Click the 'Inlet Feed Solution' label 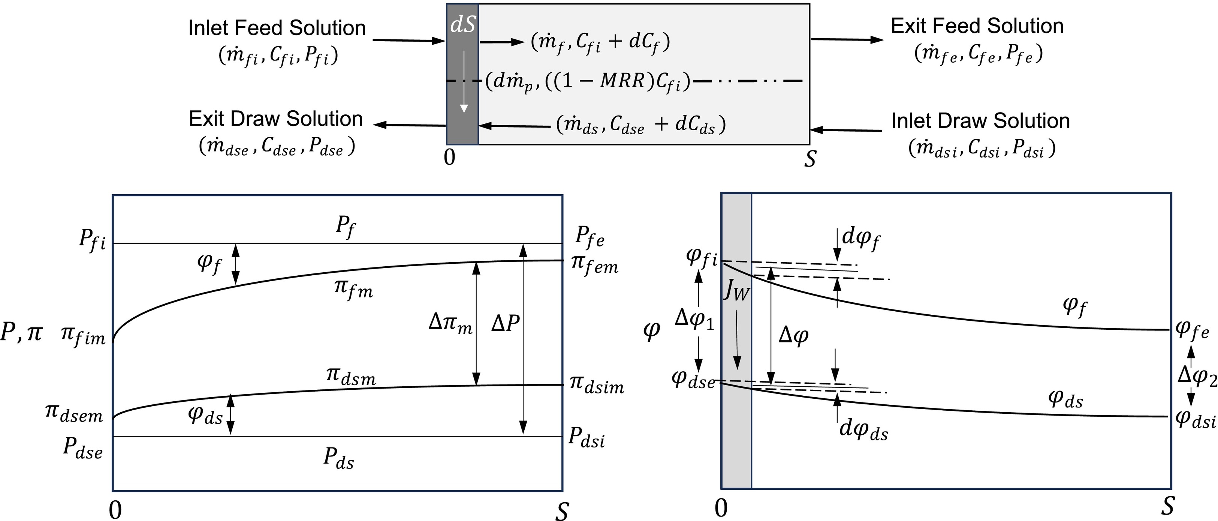point(277,28)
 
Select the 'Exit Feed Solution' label point(977,26)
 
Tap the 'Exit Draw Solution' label point(276,119)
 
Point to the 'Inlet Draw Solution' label point(980,121)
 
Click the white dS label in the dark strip point(462,25)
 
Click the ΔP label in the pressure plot point(506,324)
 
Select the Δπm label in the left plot point(450,324)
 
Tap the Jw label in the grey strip point(736,292)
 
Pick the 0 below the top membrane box point(450,157)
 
